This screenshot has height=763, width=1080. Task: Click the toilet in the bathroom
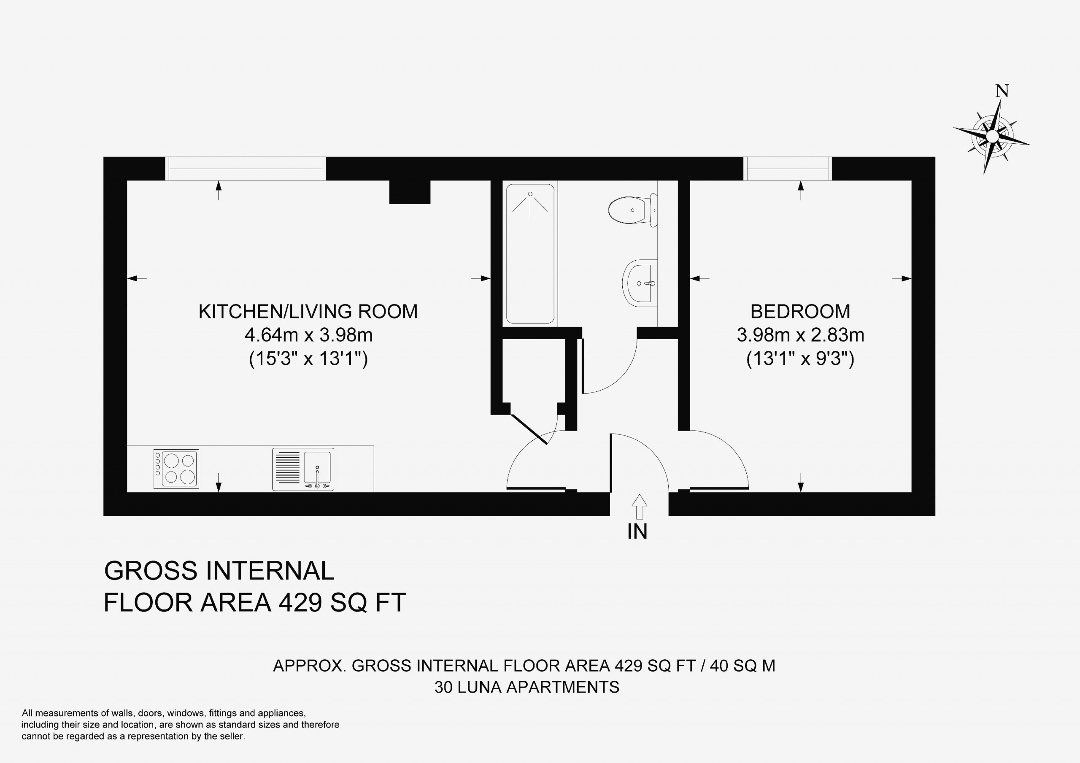(632, 210)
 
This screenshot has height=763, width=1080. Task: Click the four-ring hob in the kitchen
(176, 469)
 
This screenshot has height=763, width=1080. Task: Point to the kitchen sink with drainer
(303, 469)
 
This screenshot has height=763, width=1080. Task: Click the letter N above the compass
(1002, 91)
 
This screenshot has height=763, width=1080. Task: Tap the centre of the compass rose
(992, 136)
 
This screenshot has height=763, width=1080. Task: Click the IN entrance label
(637, 531)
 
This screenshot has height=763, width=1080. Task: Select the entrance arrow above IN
(639, 506)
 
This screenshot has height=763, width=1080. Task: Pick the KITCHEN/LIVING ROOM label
(308, 311)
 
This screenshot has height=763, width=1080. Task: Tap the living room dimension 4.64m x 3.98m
(308, 335)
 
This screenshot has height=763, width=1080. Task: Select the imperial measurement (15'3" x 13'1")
(308, 359)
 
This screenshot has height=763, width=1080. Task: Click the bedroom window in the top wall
(787, 168)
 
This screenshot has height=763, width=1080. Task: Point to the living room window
(246, 168)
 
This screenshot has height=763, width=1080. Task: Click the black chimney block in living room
(410, 192)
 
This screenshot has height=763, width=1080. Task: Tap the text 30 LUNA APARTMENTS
(527, 687)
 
